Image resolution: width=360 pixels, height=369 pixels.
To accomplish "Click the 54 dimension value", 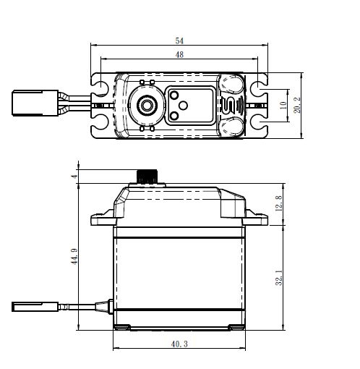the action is click(x=179, y=41).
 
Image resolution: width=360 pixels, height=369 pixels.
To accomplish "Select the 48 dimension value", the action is click(x=179, y=55).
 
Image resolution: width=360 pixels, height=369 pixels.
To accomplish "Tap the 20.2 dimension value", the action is click(x=297, y=105).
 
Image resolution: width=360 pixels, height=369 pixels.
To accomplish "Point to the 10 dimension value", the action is click(x=283, y=105).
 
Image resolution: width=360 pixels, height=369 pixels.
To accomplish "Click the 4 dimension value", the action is click(x=74, y=177).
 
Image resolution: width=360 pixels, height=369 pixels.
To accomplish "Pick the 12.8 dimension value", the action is click(x=278, y=203).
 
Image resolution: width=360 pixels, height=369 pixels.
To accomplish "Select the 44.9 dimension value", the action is click(x=74, y=257).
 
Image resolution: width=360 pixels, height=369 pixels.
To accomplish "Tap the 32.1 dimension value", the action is click(x=278, y=278).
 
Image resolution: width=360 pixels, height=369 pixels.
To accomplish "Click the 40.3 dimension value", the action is click(x=179, y=344).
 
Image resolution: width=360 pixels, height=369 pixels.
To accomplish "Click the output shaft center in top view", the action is click(x=146, y=105).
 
